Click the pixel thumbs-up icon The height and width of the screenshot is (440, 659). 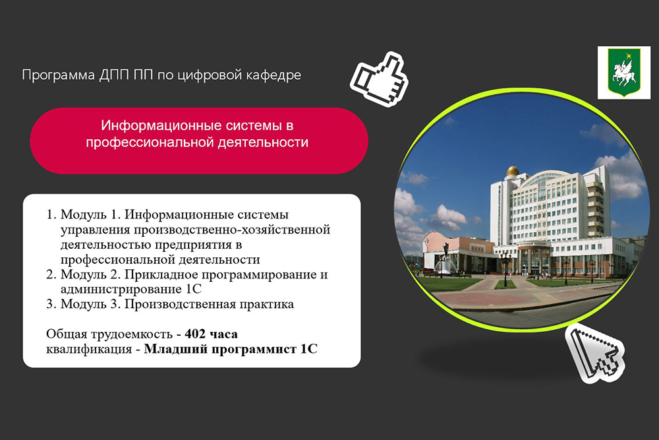tap(380, 79)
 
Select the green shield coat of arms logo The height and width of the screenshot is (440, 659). tap(624, 73)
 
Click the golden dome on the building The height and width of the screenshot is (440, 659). tap(513, 171)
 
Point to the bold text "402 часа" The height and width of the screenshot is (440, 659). tap(211, 334)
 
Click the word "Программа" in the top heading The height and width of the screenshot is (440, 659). tap(59, 75)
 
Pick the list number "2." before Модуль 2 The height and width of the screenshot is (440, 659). tap(51, 274)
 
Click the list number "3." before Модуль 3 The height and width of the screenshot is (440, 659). tap(51, 304)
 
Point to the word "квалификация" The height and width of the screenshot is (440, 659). tap(89, 350)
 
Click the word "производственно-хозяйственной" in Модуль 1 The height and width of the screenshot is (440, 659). tap(232, 230)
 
